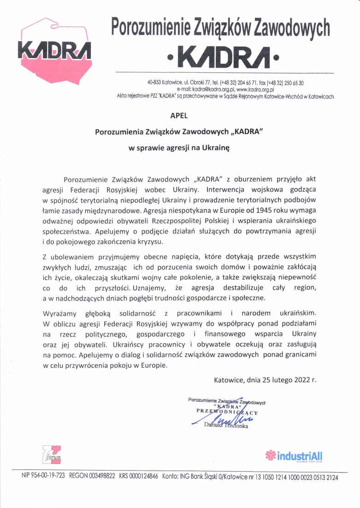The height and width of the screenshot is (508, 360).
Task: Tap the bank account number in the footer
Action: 295,477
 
